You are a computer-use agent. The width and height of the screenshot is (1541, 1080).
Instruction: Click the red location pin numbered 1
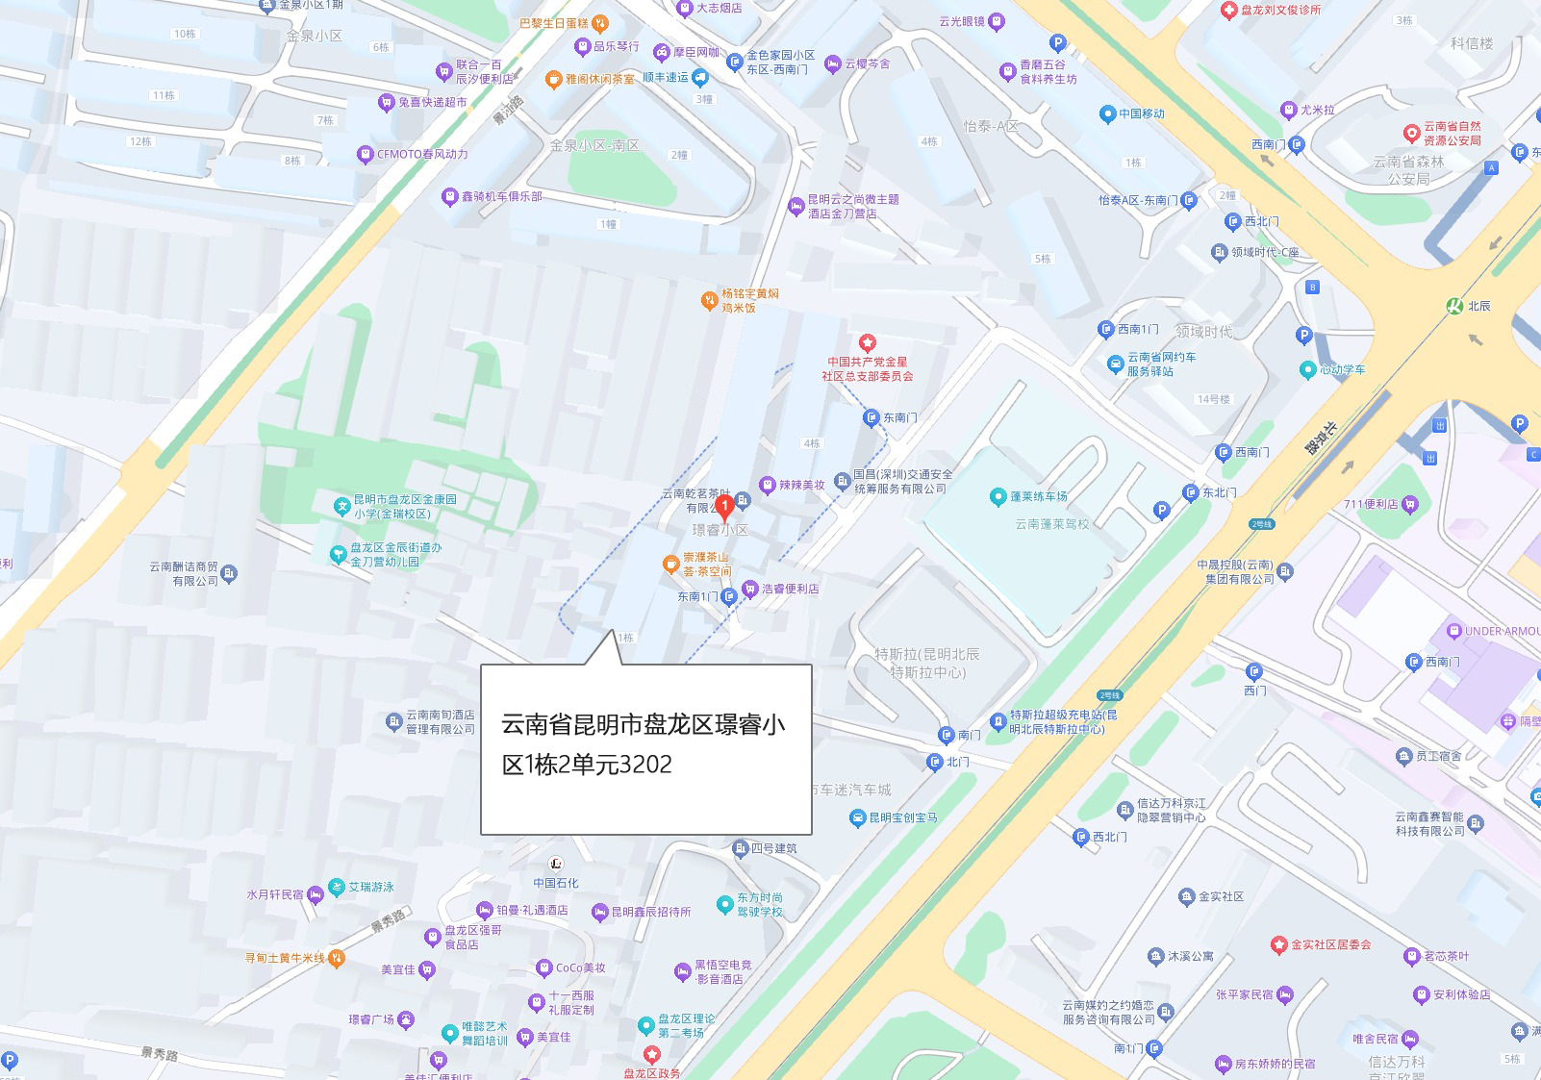[x=725, y=505]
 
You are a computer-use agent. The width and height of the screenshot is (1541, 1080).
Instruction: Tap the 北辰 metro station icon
[x=1454, y=306]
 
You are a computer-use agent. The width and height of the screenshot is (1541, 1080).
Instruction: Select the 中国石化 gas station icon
[x=555, y=864]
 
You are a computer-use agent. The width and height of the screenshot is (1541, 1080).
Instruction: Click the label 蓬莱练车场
[x=1038, y=496]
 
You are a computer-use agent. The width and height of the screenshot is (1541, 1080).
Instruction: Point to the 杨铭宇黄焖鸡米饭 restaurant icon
[x=709, y=300]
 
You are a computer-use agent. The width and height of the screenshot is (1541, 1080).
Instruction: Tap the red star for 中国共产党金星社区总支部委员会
[x=867, y=342]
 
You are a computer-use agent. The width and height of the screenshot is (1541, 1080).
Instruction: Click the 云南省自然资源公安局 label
[x=1453, y=133]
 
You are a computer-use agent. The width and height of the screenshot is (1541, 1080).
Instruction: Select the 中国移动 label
[x=1141, y=113]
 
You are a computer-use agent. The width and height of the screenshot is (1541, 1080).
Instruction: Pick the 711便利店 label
[x=1371, y=504]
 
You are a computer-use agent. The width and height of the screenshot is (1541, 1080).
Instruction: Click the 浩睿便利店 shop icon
[x=750, y=589]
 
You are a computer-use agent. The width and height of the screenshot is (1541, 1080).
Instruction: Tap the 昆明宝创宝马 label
[x=902, y=817]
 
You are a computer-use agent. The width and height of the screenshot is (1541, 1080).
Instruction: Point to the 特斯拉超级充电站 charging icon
[x=997, y=720]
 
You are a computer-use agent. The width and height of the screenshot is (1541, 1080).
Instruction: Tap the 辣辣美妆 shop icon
[x=768, y=485]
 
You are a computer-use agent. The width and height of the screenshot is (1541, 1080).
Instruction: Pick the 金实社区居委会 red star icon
[x=1278, y=944]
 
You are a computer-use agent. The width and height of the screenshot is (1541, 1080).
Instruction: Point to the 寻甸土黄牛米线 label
[x=285, y=958]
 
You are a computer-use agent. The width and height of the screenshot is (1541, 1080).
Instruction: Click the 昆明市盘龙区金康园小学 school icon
[x=341, y=506]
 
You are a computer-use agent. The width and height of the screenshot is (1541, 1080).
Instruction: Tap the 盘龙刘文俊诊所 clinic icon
[x=1228, y=10]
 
